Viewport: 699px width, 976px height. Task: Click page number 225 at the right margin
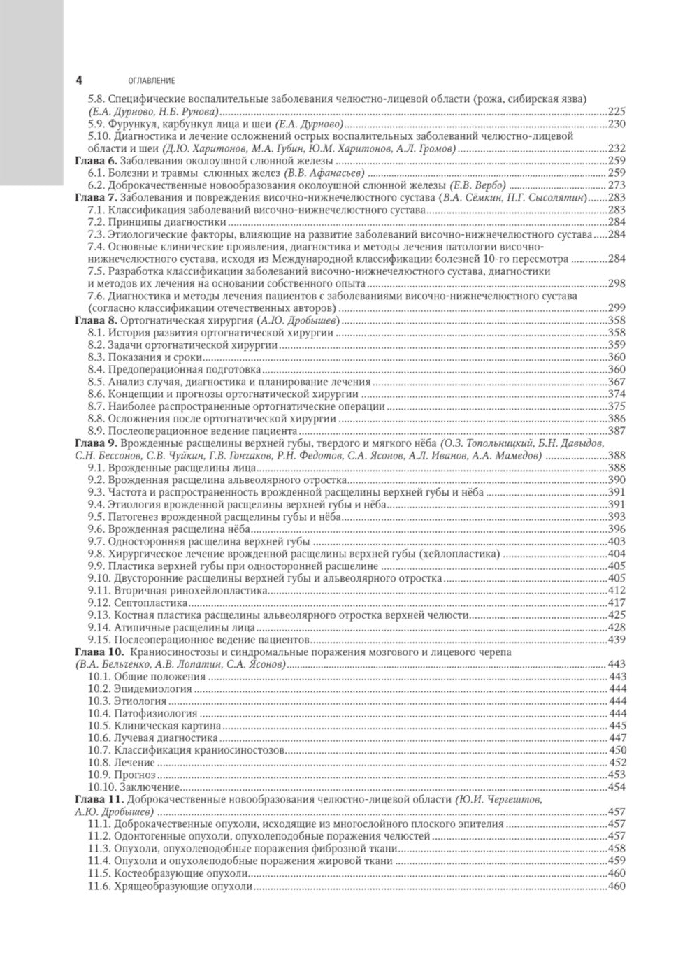pos(617,111)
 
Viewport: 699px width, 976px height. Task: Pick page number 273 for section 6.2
pos(617,185)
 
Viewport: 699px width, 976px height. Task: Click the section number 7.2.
pos(96,222)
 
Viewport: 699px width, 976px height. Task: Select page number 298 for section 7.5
pos(617,284)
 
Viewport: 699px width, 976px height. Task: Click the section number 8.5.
pos(96,382)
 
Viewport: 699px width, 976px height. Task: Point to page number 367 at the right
pos(617,382)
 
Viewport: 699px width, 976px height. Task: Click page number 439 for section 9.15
pos(617,640)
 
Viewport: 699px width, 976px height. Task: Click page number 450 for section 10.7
pos(617,750)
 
